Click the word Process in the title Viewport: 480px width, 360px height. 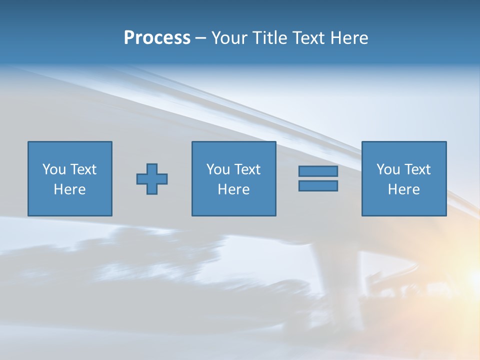tap(157, 38)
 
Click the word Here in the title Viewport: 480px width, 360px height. tap(350, 38)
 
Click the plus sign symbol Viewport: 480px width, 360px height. tap(152, 179)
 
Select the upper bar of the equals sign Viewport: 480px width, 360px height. tap(318, 171)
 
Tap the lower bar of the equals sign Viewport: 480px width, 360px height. tap(318, 186)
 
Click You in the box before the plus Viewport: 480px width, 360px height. tap(53, 169)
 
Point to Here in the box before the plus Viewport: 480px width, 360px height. tap(69, 189)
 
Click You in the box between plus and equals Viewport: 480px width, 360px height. tap(217, 169)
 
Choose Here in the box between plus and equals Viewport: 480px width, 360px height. tap(233, 189)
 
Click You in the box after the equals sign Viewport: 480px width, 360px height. tap(387, 169)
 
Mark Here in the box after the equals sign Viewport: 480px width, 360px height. tap(403, 189)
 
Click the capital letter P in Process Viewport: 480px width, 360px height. tap(129, 38)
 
